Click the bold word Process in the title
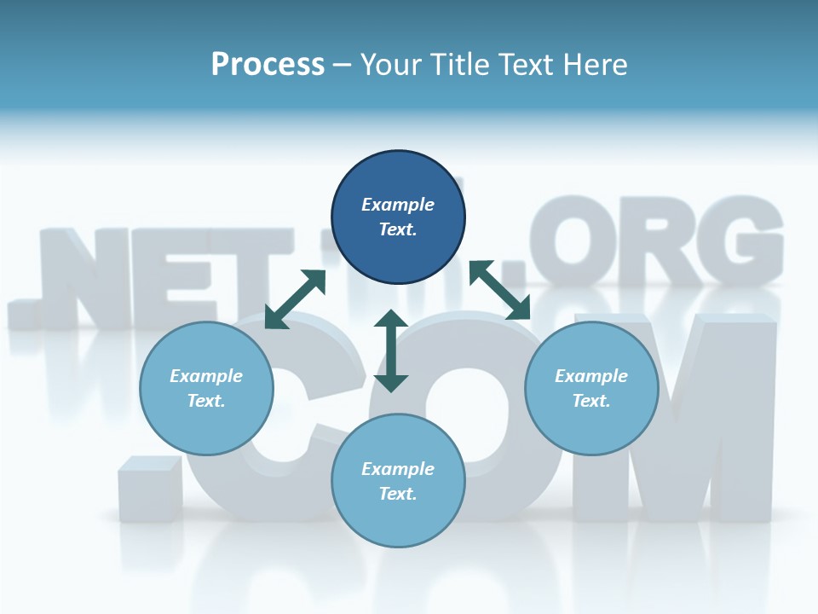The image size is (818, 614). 268,65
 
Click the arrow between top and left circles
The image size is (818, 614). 295,298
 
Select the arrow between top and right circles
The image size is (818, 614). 500,290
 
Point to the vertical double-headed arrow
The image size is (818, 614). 391,350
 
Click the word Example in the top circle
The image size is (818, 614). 398,205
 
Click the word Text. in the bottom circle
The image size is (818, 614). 398,494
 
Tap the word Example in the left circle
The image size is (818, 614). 206,376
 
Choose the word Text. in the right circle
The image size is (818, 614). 591,401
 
